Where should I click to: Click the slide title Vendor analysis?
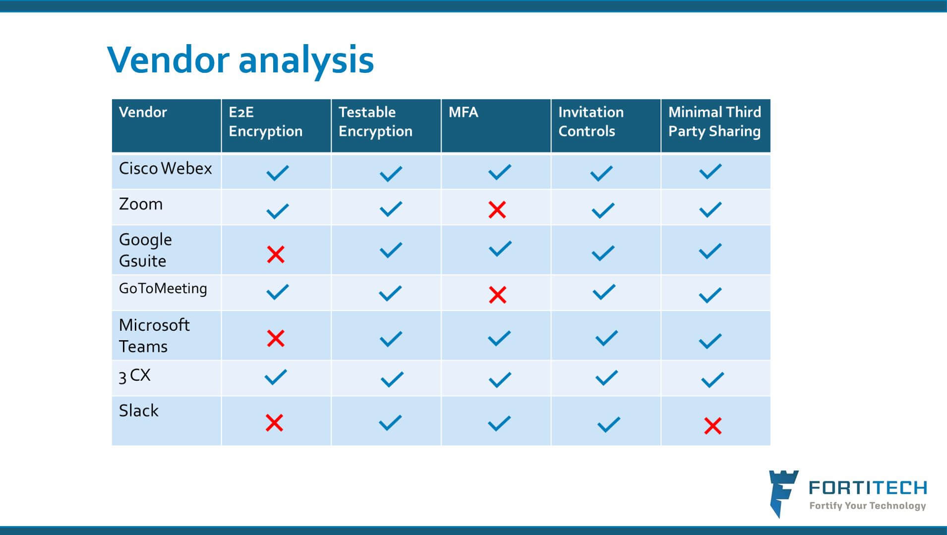(x=240, y=60)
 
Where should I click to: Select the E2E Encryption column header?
(x=265, y=121)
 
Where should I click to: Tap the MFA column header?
(x=463, y=112)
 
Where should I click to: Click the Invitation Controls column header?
(x=591, y=121)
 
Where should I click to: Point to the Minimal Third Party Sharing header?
(x=714, y=121)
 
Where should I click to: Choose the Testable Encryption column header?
(x=375, y=121)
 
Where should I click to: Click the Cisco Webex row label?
(x=165, y=169)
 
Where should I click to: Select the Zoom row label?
(x=141, y=204)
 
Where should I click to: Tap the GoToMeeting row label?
(x=163, y=289)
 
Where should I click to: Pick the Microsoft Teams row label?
(x=154, y=336)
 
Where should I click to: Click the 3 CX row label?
(x=134, y=375)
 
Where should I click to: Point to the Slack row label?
(x=139, y=411)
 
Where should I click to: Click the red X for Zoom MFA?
(x=497, y=210)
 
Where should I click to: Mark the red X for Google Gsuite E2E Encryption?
(x=276, y=254)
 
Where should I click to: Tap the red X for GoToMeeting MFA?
(x=497, y=295)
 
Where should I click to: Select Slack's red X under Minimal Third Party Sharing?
(x=712, y=426)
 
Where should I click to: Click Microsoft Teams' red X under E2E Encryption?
(x=276, y=339)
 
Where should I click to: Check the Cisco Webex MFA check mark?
(x=499, y=172)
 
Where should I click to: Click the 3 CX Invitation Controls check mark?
(x=606, y=378)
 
